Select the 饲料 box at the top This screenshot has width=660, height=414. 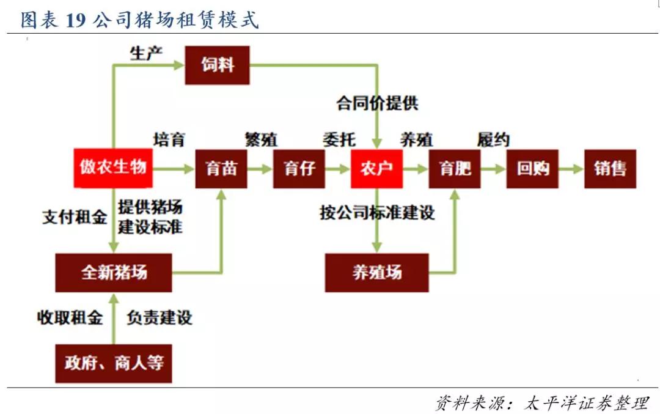217,65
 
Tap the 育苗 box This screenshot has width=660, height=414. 221,168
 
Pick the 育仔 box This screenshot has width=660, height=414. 299,168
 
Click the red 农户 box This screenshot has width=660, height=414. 376,168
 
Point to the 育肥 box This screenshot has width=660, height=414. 455,168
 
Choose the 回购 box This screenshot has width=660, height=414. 533,168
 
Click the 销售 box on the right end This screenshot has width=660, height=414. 610,168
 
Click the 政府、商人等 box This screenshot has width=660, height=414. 114,363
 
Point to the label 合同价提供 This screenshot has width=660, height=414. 377,103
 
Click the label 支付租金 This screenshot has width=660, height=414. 75,217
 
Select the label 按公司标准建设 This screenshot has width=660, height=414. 377,213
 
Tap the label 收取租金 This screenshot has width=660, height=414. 70,318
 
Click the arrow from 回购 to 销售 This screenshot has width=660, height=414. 571,169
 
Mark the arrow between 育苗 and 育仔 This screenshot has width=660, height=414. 260,169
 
